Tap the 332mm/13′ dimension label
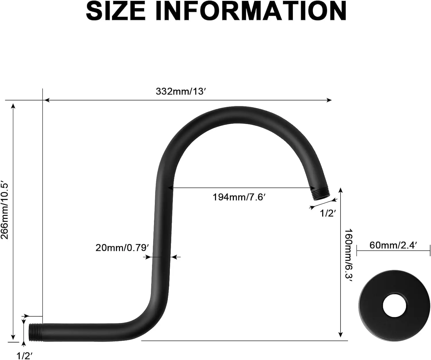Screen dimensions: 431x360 (x=181, y=91)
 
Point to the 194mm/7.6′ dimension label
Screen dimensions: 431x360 (x=239, y=197)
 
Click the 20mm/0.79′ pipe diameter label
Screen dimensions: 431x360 (x=122, y=248)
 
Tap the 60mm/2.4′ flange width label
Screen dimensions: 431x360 (x=393, y=245)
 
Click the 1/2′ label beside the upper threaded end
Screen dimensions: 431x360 (x=328, y=213)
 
